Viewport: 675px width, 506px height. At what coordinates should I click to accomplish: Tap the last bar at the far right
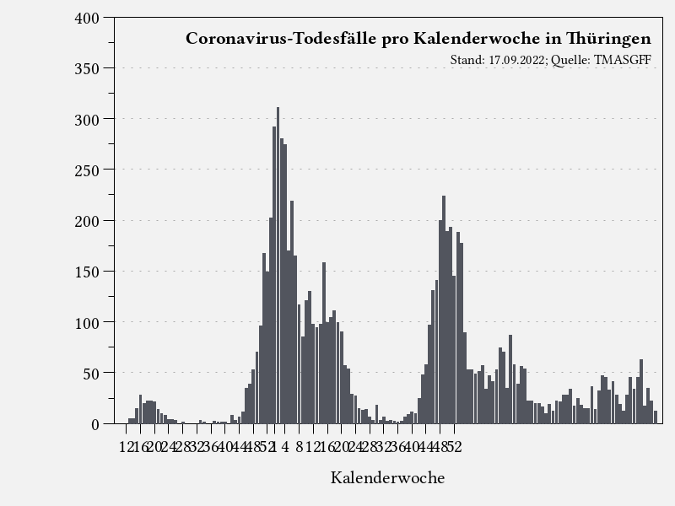click(x=655, y=417)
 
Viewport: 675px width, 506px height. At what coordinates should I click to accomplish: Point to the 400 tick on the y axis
click(x=89, y=18)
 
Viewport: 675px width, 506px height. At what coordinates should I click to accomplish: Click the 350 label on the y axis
click(x=89, y=68)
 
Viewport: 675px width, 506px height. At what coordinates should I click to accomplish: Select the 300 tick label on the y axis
click(x=89, y=119)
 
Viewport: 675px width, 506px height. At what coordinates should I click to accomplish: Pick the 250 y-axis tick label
click(x=89, y=170)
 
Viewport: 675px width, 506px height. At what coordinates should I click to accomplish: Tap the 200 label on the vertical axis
click(x=89, y=221)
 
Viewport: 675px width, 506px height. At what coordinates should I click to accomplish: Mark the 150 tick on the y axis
click(x=89, y=272)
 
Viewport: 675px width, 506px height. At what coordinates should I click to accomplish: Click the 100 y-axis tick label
click(x=89, y=322)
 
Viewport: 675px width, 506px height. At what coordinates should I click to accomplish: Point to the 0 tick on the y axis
click(x=95, y=424)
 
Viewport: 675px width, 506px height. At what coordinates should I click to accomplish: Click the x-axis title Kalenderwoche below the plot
click(x=387, y=478)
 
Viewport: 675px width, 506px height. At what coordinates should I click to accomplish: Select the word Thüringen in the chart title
click(x=608, y=39)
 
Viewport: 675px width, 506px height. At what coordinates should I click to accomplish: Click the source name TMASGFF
click(x=623, y=60)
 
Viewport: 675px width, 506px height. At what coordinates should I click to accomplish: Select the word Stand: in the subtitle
click(x=467, y=60)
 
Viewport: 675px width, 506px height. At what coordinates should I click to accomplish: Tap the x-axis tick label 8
click(x=299, y=447)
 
